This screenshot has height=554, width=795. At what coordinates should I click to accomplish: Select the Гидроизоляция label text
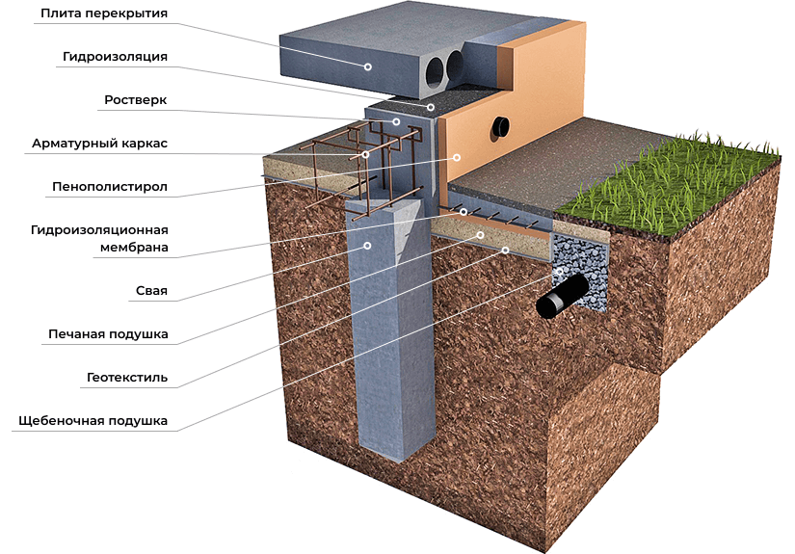click(x=116, y=57)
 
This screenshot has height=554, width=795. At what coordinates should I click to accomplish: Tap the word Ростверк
click(x=135, y=100)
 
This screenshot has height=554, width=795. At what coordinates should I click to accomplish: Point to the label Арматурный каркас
click(x=100, y=144)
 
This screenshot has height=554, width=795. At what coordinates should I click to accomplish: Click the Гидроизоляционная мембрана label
click(x=100, y=239)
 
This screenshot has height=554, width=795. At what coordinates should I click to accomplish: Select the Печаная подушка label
click(x=109, y=334)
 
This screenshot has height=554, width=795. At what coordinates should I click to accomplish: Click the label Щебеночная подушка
click(x=93, y=421)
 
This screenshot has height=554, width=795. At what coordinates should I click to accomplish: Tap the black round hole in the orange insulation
click(x=502, y=126)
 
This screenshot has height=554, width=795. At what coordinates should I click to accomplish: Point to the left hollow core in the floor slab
click(x=435, y=70)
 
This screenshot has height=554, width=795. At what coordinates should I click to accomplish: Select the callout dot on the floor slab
click(x=367, y=66)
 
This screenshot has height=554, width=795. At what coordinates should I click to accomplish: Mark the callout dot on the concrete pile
click(x=366, y=246)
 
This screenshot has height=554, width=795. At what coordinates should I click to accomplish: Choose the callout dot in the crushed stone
click(x=558, y=273)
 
